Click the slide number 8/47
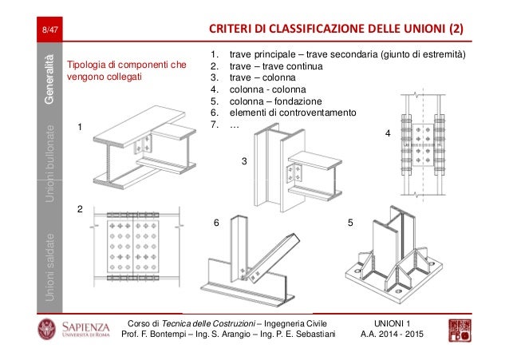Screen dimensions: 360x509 [x=50, y=31]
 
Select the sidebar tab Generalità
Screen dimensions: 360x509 [x=50, y=79]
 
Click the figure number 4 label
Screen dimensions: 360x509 [x=388, y=134]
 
